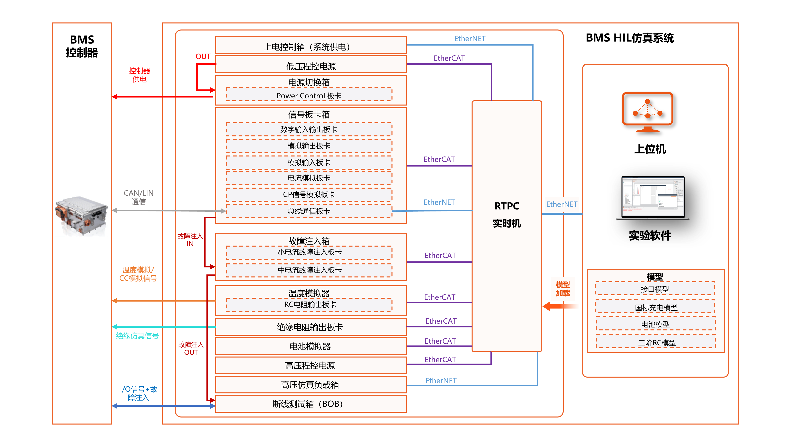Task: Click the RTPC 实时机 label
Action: coord(506,214)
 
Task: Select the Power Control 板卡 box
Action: coord(309,96)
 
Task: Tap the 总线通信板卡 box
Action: coord(309,211)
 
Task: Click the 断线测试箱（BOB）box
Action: coord(311,404)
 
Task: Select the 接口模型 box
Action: coord(655,289)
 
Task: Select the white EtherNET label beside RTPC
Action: coord(562,204)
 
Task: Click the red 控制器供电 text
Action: coord(139,75)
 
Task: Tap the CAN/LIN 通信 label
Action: coord(138,197)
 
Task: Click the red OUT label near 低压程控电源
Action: coord(203,57)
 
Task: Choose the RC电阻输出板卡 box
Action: coord(310,305)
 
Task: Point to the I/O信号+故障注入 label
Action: coord(138,393)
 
